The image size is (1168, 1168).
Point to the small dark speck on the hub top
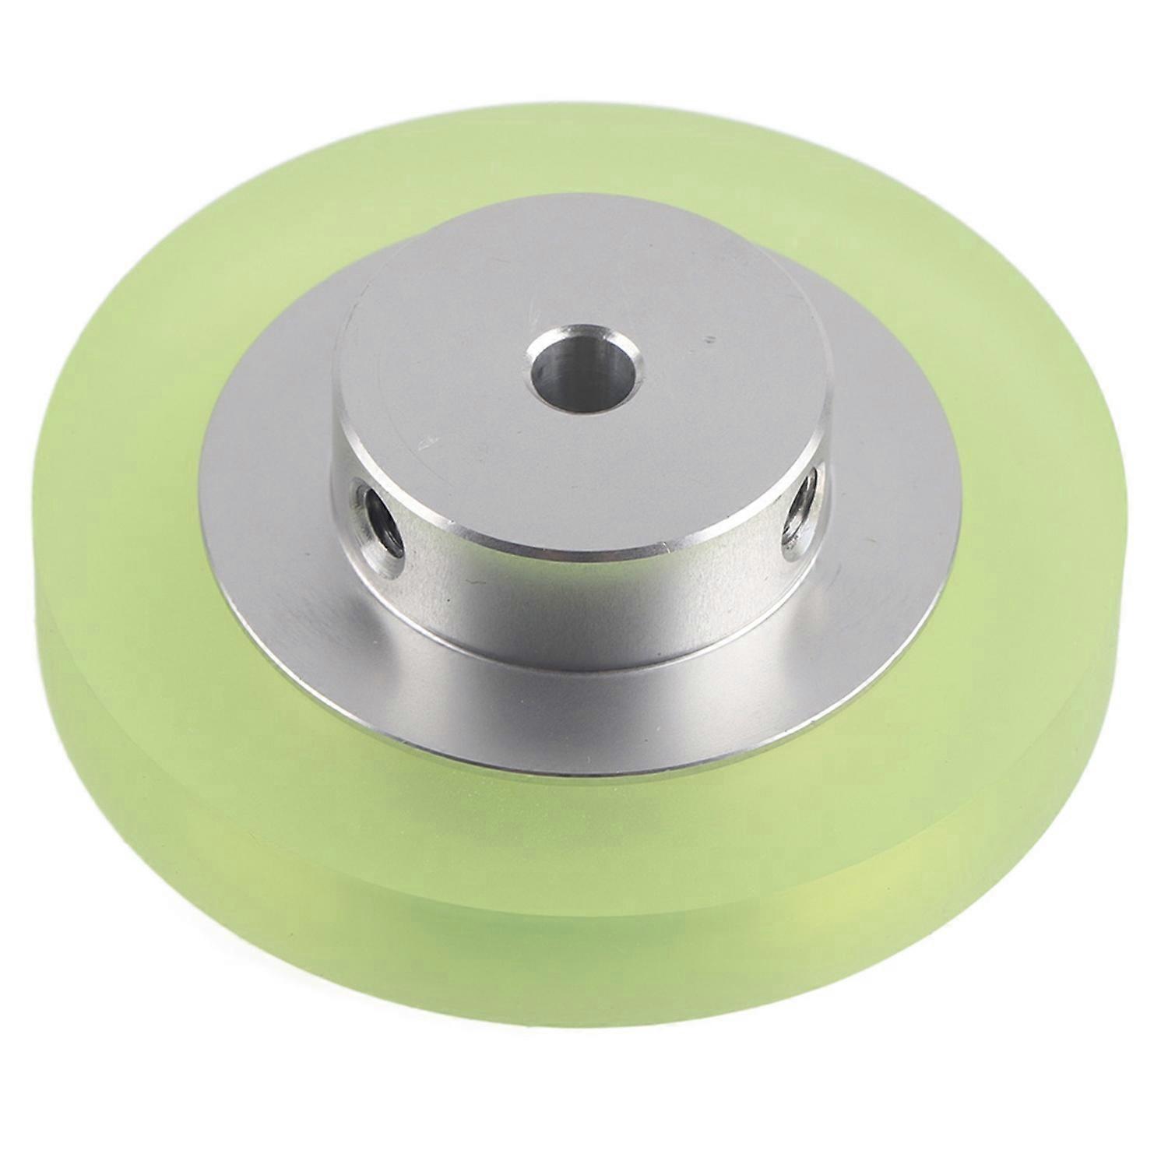coord(708,339)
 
